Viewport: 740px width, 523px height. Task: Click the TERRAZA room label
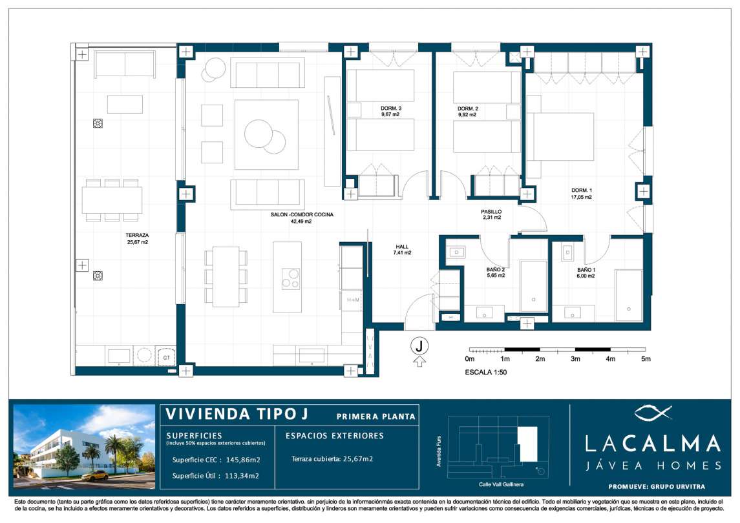tap(137, 235)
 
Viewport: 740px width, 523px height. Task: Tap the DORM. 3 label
tap(391, 108)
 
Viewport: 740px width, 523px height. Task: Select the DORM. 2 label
tap(468, 109)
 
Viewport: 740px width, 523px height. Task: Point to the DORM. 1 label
tap(582, 190)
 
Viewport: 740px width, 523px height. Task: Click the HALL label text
tap(402, 247)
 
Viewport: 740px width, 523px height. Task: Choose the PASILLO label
tap(491, 212)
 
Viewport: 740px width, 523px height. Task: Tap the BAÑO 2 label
tap(496, 270)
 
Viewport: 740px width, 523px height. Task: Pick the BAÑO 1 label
tap(586, 271)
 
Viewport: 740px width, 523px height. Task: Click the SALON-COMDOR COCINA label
tap(302, 214)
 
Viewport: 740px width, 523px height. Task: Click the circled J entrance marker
tap(419, 346)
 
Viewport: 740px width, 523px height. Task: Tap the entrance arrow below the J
tap(419, 362)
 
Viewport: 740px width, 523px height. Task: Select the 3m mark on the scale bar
tap(575, 359)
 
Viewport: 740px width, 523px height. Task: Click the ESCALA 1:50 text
tap(485, 372)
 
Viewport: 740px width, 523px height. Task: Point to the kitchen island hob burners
tap(291, 279)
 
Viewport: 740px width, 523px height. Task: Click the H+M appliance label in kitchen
tap(353, 300)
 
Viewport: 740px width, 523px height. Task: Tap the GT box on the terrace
tap(166, 358)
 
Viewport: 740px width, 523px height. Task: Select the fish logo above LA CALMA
tap(653, 413)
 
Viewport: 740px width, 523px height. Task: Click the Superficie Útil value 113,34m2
tap(242, 476)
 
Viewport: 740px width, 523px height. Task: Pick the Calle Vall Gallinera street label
tap(501, 484)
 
